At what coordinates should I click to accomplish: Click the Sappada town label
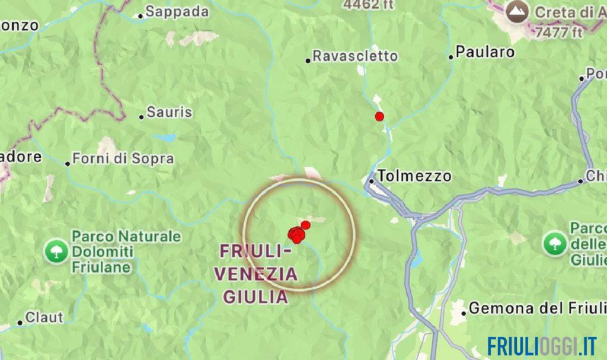177,12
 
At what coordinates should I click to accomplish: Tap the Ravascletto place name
355,56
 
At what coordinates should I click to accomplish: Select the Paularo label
485,52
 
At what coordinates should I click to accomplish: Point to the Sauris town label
169,112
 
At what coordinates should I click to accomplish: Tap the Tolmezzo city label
414,176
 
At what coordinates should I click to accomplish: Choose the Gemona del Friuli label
537,308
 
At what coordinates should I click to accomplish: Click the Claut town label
44,318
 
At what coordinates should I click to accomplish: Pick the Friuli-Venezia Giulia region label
258,274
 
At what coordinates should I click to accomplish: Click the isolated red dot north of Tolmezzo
379,116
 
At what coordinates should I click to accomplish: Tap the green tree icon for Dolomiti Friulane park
56,251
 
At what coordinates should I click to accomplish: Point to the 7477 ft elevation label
558,33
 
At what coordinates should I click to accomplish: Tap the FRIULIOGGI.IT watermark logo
542,346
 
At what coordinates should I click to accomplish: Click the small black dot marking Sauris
142,117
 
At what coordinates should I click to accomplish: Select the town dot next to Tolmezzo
372,181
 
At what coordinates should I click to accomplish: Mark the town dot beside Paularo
451,57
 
